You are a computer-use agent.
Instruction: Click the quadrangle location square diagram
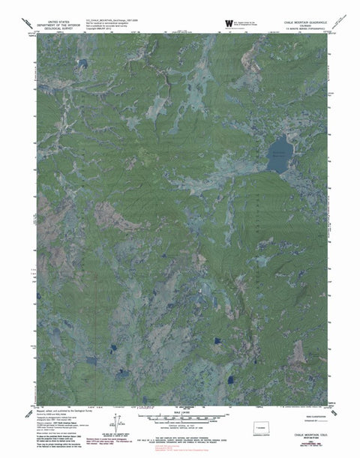pos(262,429)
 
